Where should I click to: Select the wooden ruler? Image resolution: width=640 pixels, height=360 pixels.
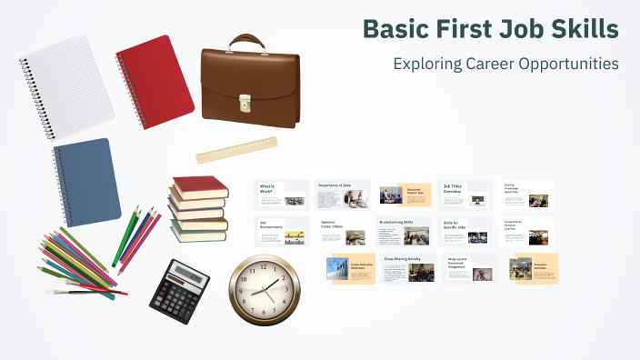(x=236, y=150)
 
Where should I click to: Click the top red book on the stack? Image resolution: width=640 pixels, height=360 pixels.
(x=199, y=185)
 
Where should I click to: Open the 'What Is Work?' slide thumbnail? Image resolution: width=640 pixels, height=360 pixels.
(x=282, y=195)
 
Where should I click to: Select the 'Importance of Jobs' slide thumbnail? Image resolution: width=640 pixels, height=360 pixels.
(x=342, y=195)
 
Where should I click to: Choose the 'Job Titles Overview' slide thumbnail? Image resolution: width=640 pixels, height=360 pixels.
(x=465, y=195)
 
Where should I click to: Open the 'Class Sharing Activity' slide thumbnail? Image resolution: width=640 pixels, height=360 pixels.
(x=408, y=268)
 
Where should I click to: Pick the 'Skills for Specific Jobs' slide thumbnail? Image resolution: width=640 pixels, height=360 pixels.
(x=465, y=232)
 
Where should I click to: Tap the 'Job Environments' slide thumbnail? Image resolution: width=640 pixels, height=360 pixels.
(x=282, y=232)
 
